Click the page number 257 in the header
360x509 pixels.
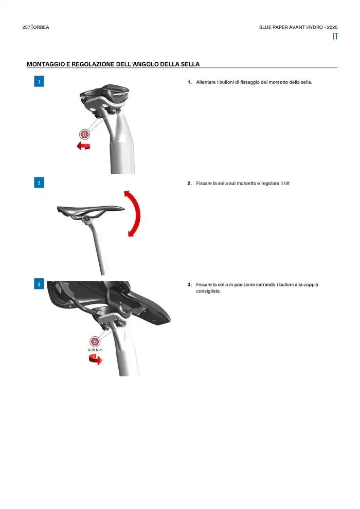click(26, 27)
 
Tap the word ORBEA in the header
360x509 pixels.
click(41, 27)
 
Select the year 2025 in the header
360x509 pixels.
click(332, 27)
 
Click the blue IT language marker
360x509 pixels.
click(335, 37)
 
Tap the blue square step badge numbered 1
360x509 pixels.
click(39, 81)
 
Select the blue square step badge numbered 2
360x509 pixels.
click(39, 183)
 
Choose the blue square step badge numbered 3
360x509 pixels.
click(39, 284)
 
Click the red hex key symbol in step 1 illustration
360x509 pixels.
click(84, 134)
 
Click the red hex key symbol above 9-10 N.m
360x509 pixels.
click(95, 341)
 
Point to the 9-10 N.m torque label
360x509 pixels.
click(95, 350)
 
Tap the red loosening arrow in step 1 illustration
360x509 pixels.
click(83, 146)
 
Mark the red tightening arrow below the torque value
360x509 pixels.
click(96, 359)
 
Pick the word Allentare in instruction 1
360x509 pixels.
click(206, 82)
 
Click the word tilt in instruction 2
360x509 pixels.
click(286, 184)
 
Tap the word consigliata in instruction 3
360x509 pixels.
click(208, 291)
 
